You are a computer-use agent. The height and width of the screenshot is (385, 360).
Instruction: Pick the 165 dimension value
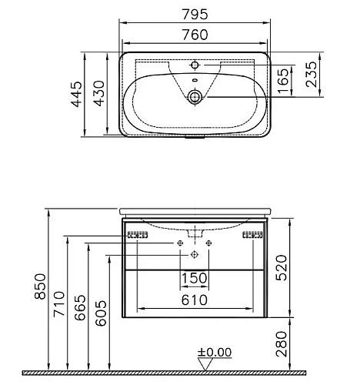click(284, 77)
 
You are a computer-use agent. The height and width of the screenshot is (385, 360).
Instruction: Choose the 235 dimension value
click(310, 77)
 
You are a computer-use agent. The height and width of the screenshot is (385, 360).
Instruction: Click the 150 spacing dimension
click(194, 277)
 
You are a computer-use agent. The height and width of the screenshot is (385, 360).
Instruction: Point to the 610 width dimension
click(194, 300)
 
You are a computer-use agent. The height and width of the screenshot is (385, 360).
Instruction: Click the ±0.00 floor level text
click(215, 352)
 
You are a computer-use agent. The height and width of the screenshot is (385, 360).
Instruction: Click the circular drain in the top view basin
click(195, 96)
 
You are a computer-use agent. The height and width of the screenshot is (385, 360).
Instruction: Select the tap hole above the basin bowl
click(195, 64)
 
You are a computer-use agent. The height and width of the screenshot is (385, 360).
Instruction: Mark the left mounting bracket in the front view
click(137, 235)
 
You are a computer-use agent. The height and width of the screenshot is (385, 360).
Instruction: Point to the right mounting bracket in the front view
click(253, 235)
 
